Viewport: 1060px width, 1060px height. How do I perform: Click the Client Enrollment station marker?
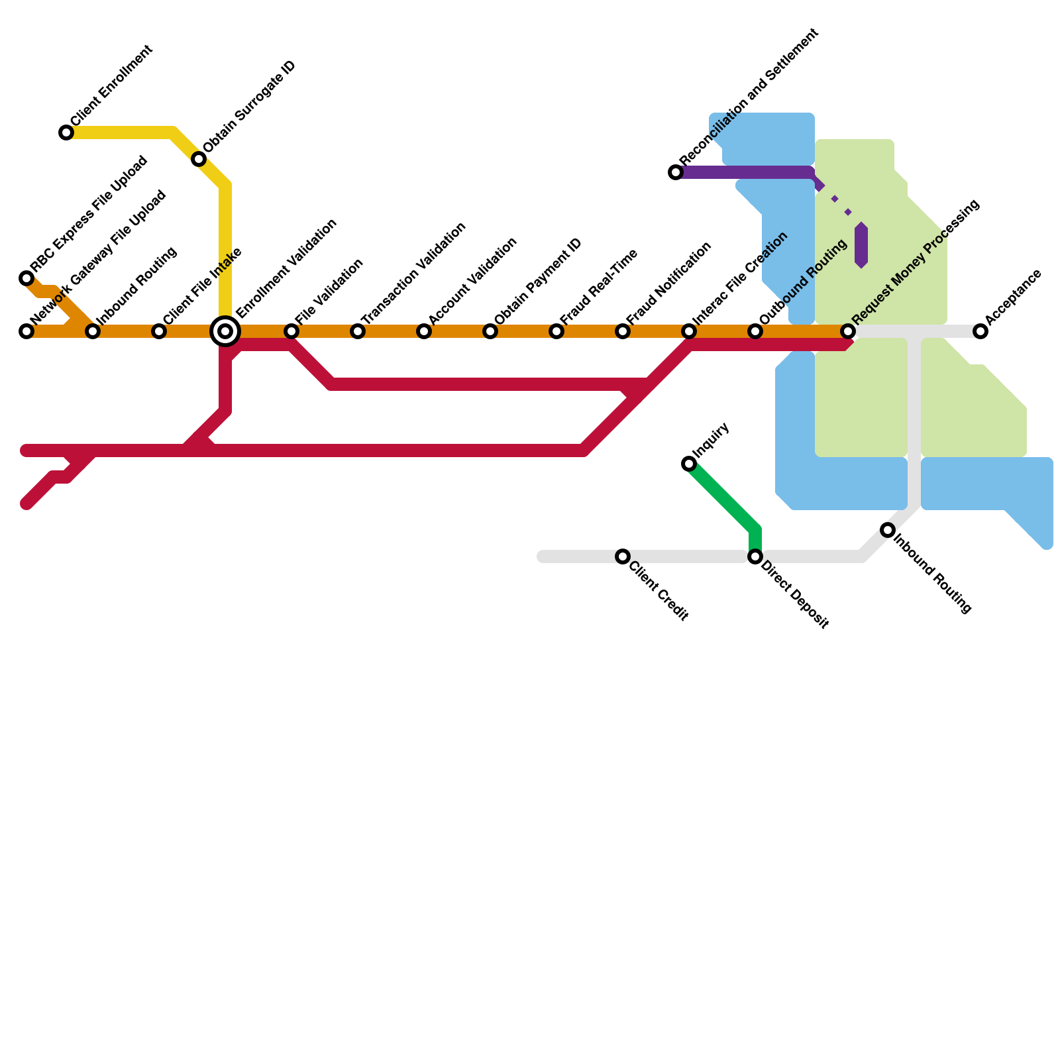66,132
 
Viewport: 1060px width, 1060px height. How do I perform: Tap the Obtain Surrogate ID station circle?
199,159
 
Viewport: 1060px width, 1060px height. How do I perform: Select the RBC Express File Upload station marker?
26,278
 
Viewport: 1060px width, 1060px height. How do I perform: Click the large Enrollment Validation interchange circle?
225,331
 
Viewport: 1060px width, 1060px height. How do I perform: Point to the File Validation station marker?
291,331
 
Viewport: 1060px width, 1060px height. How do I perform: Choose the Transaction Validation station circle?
358,331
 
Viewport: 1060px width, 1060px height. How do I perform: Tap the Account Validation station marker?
424,331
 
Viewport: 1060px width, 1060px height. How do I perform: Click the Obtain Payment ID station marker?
490,331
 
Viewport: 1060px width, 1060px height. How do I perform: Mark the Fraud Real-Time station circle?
556,331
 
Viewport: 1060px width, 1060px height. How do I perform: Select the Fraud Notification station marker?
623,331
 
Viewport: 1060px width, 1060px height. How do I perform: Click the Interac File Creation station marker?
689,331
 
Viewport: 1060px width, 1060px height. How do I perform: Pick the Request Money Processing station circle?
848,331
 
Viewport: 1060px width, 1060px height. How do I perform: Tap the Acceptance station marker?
980,331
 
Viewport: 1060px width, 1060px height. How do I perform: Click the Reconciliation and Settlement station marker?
676,172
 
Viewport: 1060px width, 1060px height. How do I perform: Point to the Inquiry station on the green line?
689,464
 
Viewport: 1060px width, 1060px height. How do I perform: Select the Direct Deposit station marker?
755,556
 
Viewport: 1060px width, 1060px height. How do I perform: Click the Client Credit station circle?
623,556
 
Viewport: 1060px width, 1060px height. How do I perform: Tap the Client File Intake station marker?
159,331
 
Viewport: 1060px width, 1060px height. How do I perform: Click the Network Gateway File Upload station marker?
26,331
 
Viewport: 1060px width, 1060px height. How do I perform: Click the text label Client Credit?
659,592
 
